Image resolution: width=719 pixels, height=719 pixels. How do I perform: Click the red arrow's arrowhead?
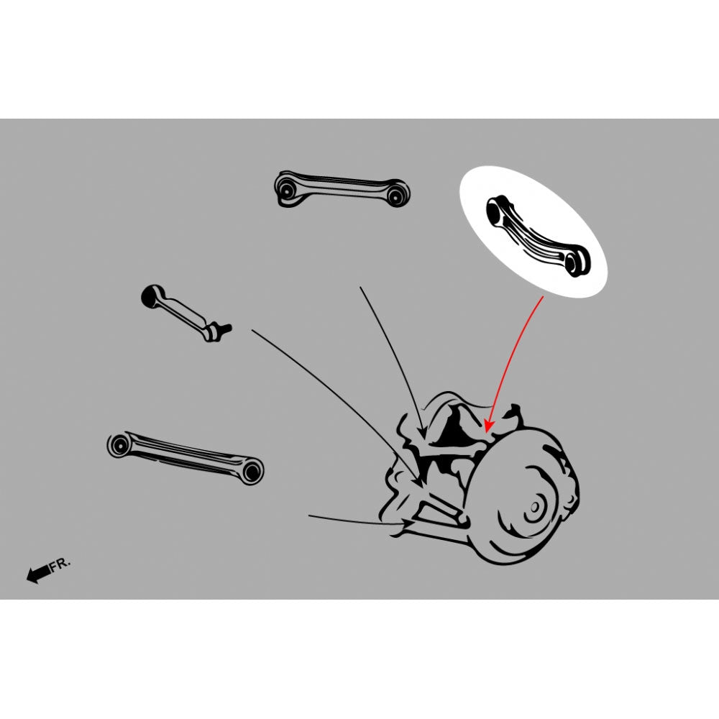tap(489, 426)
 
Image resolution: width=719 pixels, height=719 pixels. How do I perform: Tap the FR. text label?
tap(60, 564)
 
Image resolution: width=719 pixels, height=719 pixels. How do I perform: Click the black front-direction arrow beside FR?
tap(39, 573)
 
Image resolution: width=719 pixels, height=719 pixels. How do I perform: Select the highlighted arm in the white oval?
tap(538, 235)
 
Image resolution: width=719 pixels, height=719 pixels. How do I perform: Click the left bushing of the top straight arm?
tap(288, 188)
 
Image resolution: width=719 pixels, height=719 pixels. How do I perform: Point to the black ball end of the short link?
tap(150, 296)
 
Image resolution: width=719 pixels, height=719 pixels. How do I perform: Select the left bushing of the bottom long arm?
tap(119, 445)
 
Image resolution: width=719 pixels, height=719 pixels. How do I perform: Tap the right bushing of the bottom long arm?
tap(251, 471)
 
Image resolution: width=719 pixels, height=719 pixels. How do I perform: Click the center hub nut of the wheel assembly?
tap(535, 508)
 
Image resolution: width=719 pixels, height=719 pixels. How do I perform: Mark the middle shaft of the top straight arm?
tap(342, 186)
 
